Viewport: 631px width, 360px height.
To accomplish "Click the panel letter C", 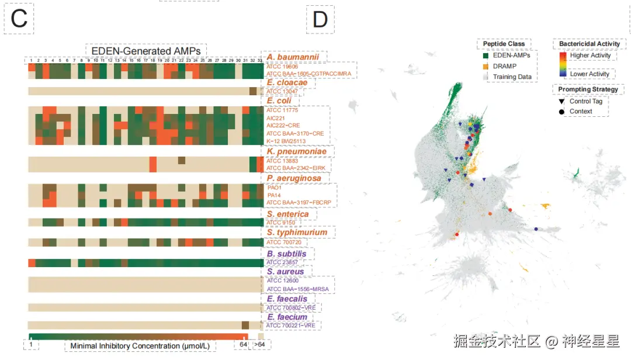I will pos(19,19).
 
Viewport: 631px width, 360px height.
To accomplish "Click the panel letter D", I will pos(320,19).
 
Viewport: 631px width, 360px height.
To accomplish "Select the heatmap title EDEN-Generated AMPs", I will pos(146,51).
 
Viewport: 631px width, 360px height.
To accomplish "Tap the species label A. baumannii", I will pos(293,57).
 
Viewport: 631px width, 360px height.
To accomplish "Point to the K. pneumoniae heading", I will pos(295,151).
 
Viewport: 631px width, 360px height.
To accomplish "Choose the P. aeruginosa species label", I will pos(294,178).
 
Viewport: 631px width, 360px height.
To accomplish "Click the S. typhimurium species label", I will pos(297,233).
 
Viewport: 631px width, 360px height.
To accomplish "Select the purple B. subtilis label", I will pos(286,254).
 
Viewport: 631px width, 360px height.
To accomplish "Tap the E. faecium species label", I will pos(287,317).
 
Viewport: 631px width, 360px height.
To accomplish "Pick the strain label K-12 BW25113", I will pos(286,141).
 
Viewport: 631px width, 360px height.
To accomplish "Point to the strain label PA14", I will pos(274,195).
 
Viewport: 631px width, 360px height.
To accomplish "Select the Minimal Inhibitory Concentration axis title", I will pos(140,346).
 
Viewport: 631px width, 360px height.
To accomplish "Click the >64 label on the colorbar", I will pos(259,345).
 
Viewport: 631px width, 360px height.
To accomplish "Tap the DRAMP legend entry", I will pos(504,67).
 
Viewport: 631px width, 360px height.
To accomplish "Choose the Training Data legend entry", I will pos(512,77).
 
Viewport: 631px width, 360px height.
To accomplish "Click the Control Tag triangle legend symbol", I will pos(562,102).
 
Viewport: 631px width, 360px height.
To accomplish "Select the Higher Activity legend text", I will pos(590,56).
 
